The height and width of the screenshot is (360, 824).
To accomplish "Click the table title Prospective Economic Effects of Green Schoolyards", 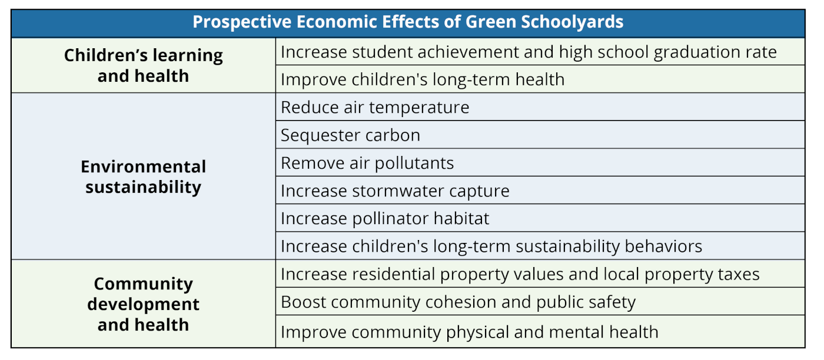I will coord(408,22).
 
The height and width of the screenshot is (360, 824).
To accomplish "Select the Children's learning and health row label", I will coord(143,65).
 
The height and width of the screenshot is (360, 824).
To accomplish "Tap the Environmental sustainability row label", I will coord(143,176).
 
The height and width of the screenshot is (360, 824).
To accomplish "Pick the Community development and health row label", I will coord(143,304).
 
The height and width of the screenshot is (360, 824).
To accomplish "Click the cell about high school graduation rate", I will coord(529,52).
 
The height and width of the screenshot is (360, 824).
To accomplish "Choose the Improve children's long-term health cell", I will coord(423,79).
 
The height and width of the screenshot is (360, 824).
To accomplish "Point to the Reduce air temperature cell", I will coord(375,107).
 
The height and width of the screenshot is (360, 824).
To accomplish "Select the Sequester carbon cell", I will coord(350,135).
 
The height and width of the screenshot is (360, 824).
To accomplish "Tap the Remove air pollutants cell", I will coord(367,163).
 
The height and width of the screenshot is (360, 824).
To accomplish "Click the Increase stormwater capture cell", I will coord(395,191).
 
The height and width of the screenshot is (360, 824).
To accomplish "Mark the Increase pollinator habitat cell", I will coord(385,218).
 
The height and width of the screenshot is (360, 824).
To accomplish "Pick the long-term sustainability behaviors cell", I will coord(491,246).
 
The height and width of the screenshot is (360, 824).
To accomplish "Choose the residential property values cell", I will coord(520,274).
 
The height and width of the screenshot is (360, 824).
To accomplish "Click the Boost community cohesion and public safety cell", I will coord(458,302).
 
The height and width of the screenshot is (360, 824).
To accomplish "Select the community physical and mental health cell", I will coord(469,332).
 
